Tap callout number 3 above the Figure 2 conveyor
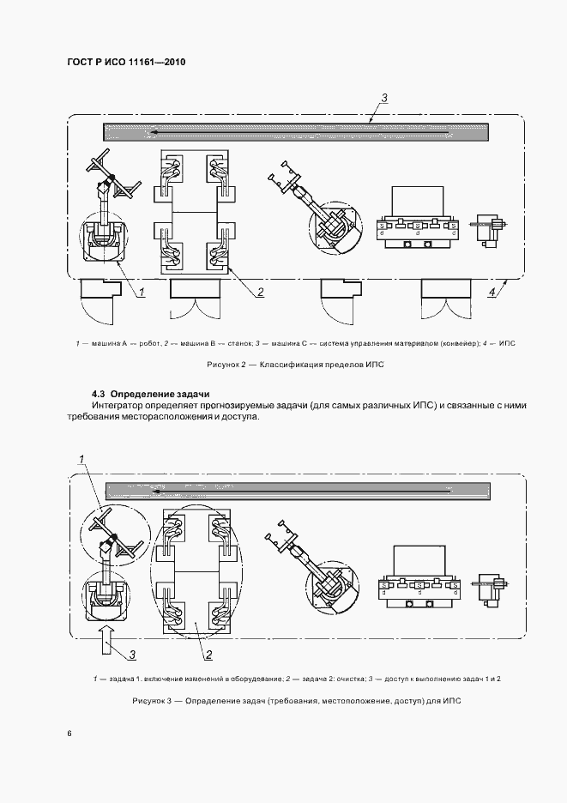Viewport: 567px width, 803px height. point(384,98)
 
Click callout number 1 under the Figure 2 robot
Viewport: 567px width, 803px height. point(141,293)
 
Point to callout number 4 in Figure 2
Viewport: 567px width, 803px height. point(492,293)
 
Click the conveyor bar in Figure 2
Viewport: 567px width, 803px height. point(296,132)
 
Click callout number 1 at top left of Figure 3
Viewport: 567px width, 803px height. point(82,461)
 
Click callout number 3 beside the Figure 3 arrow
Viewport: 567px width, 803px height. point(133,656)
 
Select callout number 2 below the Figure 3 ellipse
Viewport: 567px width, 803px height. point(208,656)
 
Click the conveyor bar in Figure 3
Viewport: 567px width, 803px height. point(296,490)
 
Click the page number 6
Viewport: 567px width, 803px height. point(69,734)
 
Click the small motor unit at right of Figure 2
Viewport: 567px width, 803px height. point(490,229)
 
